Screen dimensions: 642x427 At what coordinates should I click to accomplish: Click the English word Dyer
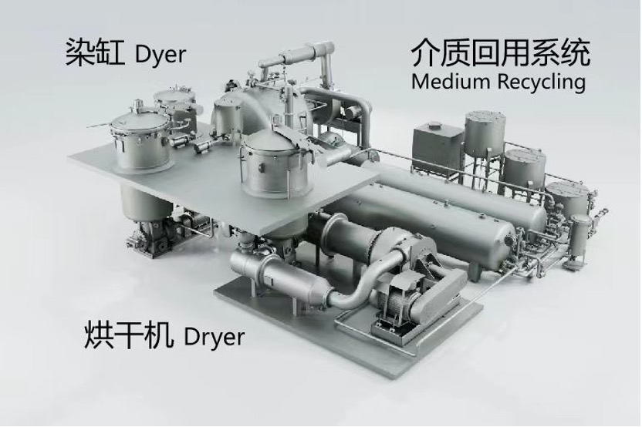coord(160,55)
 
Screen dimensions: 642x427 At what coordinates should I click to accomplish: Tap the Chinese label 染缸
coord(95,52)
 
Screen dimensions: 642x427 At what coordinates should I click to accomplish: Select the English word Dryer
coord(214,337)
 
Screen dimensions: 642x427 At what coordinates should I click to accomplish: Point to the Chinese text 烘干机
coord(127,335)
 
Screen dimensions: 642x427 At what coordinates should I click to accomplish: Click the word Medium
coord(451,82)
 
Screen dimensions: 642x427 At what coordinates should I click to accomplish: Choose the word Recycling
coord(542,82)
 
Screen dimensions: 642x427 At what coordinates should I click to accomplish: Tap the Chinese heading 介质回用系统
coord(500,52)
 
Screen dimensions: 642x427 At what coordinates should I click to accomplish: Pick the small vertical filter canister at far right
coord(580,237)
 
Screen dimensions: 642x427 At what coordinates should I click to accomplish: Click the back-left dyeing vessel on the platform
coord(175,107)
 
